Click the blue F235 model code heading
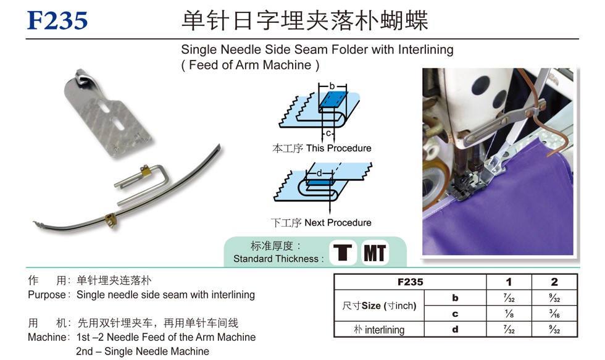click(57, 20)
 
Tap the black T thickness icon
click(343, 253)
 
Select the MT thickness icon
click(375, 253)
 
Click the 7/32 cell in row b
click(509, 298)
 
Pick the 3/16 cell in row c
click(554, 313)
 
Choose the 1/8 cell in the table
click(509, 313)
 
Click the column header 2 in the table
click(554, 282)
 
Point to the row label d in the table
click(456, 329)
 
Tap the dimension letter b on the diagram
click(332, 86)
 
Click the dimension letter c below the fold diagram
click(328, 133)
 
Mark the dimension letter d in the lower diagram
click(319, 174)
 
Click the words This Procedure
click(339, 148)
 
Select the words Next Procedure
click(338, 223)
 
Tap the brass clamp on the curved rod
click(112, 220)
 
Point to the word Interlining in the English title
click(425, 49)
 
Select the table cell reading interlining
click(385, 330)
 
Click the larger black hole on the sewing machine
click(480, 85)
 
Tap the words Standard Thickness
click(276, 259)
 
